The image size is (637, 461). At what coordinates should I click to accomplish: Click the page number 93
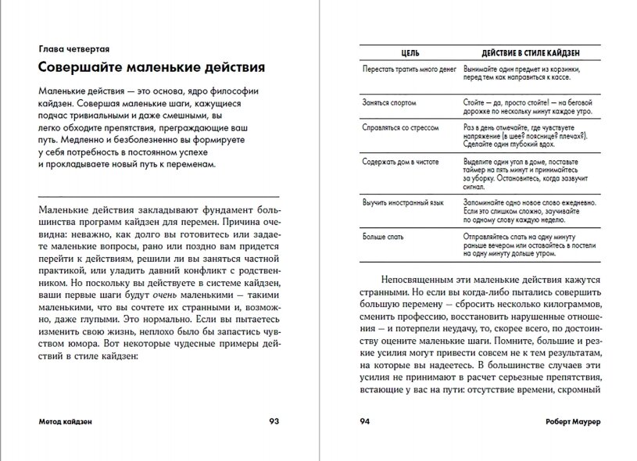pos(274,422)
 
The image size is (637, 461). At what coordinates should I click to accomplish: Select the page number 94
pos(364,422)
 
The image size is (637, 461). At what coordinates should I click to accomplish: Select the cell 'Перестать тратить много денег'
pos(410,70)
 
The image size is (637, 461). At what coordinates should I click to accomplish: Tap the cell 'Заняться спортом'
pos(389,102)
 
